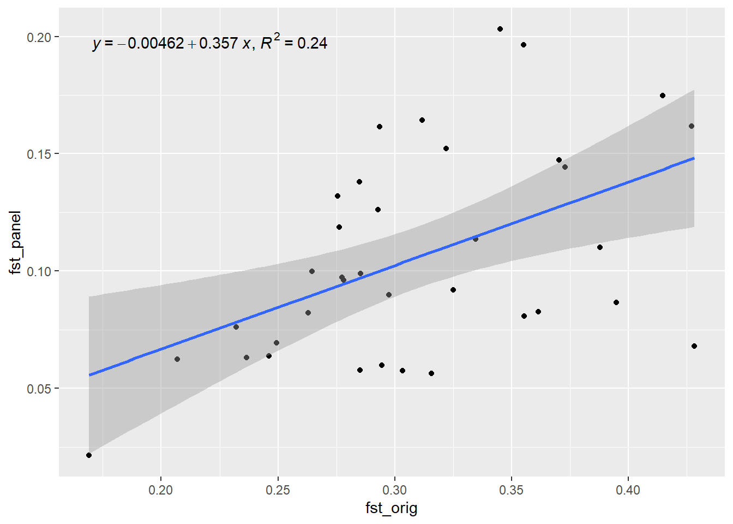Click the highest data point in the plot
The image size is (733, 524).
(500, 29)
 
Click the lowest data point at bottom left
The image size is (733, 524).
(89, 455)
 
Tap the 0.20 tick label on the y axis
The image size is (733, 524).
(39, 37)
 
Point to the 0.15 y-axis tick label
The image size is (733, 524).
(39, 154)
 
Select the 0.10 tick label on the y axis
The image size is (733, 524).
(39, 271)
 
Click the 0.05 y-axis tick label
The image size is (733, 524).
(39, 389)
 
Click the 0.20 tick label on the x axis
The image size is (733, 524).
(161, 490)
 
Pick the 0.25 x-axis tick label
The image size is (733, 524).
(278, 490)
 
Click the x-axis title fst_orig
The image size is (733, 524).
(392, 508)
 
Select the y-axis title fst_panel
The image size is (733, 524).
(15, 242)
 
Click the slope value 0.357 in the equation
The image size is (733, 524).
(218, 43)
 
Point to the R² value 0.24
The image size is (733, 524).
(312, 43)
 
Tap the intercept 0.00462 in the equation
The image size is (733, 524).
(156, 43)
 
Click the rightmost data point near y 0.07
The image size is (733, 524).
(694, 346)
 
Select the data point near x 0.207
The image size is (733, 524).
(177, 359)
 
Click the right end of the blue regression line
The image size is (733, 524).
(694, 158)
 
